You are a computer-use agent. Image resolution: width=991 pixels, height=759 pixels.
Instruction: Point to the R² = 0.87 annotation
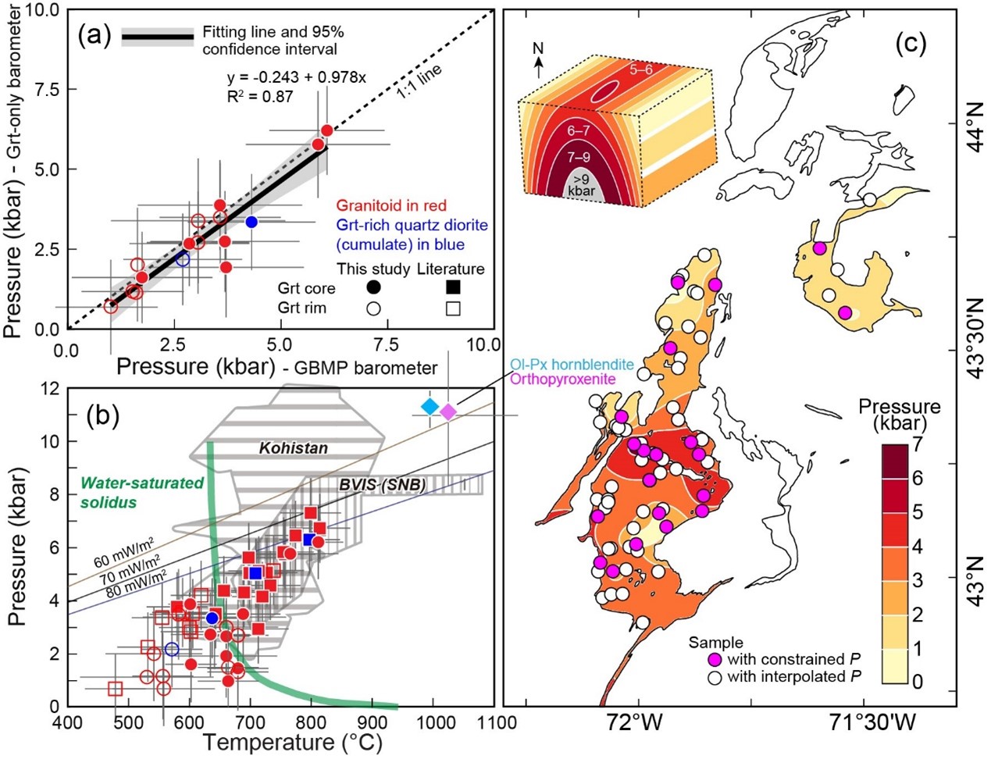pyautogui.click(x=260, y=97)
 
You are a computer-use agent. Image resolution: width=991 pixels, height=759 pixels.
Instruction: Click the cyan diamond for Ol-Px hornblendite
pyautogui.click(x=430, y=406)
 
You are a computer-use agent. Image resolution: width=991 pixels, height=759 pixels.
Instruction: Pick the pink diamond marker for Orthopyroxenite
pyautogui.click(x=448, y=412)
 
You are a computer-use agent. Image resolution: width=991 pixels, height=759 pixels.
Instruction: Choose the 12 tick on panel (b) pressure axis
pyautogui.click(x=50, y=388)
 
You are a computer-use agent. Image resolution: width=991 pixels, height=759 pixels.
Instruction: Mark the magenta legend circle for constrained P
pyautogui.click(x=714, y=659)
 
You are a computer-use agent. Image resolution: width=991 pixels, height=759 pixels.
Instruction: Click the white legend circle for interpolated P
pyautogui.click(x=714, y=676)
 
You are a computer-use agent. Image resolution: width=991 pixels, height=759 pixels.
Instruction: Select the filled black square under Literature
pyautogui.click(x=451, y=287)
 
